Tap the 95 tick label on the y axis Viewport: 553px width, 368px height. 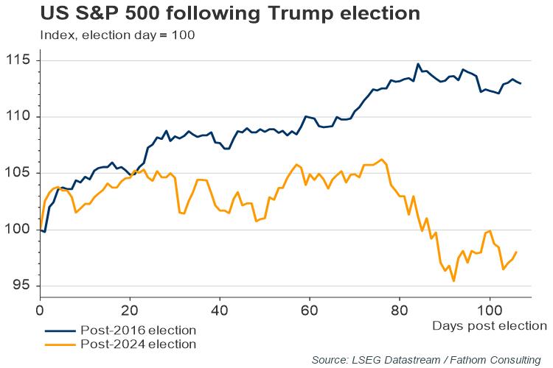22,286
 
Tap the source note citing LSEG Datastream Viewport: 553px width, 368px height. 426,359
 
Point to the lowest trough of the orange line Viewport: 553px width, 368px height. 453,281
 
